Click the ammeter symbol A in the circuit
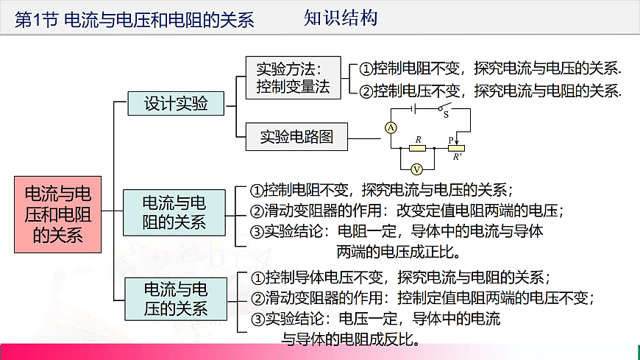(391, 127)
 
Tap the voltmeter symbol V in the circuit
(415, 168)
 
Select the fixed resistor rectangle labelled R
(417, 147)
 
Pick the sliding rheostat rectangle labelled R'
(457, 147)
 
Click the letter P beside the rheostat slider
(451, 138)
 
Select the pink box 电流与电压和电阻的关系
(58, 214)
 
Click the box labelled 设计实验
(176, 103)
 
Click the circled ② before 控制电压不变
(366, 91)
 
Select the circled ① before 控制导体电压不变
(257, 278)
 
